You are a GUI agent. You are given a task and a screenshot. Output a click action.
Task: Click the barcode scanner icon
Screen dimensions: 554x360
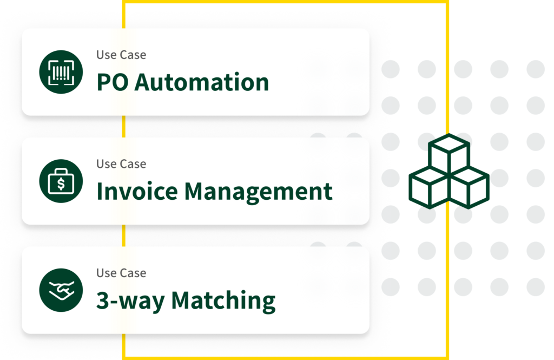point(61,72)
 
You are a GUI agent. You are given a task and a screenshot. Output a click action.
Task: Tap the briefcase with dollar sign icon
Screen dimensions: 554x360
point(61,181)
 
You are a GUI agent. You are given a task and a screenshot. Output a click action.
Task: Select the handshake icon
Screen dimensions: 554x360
point(61,290)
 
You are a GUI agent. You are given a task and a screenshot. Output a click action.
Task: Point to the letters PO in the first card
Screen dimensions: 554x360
point(113,82)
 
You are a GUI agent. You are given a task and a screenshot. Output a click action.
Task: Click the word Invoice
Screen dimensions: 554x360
point(137,191)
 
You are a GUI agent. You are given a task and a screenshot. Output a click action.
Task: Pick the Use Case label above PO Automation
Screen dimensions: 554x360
point(121,55)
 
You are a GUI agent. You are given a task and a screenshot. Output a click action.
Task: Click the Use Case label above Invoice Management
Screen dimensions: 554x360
point(121,163)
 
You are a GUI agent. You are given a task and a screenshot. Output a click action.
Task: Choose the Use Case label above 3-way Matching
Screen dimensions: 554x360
point(121,273)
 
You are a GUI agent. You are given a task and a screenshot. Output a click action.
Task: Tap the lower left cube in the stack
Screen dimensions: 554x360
point(429,188)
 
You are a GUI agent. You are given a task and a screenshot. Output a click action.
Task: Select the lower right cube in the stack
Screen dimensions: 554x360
point(469,188)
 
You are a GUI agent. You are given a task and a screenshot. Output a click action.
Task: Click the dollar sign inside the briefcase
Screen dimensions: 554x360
point(61,184)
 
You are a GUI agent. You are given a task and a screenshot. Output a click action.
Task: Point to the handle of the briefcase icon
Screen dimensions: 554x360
point(61,172)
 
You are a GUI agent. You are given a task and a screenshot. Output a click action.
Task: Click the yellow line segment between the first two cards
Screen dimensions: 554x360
point(124,126)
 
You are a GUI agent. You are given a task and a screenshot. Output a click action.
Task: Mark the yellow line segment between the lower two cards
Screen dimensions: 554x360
point(124,235)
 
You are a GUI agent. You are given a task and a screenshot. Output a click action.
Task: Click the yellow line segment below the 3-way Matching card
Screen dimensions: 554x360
point(124,346)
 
